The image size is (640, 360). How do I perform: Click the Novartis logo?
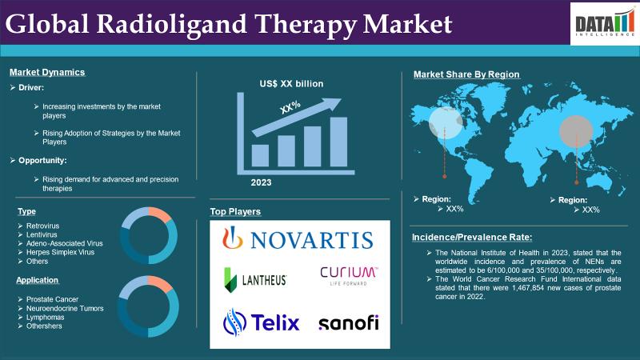[298, 238]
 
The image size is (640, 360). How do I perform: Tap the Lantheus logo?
[255, 280]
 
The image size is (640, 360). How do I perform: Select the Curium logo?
[349, 276]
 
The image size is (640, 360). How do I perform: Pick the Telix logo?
[262, 322]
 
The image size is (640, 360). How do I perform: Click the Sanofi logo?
[349, 322]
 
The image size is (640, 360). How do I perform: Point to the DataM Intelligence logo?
[605, 24]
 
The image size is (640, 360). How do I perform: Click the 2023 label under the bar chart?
[262, 182]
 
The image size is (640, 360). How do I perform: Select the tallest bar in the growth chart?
[338, 142]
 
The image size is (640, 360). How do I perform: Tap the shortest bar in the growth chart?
[260, 155]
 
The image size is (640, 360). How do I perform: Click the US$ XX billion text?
[291, 84]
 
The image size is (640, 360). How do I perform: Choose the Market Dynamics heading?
[47, 72]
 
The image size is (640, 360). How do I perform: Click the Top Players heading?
[235, 211]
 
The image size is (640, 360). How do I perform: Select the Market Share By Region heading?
[466, 74]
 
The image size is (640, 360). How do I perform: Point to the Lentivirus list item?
[42, 234]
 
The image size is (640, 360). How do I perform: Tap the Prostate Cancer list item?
[52, 299]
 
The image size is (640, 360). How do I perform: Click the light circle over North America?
[446, 123]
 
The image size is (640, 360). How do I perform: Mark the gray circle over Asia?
[576, 131]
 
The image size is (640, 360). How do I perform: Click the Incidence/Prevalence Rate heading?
[472, 237]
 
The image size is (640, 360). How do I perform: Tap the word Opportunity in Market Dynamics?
[42, 161]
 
